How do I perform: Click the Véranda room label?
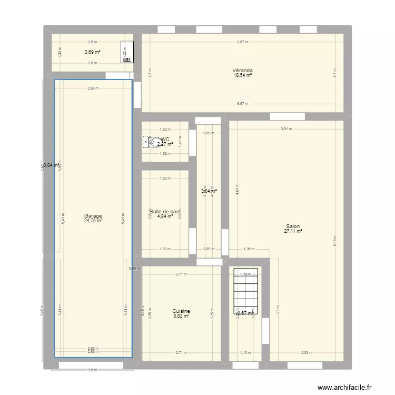coord(242,71)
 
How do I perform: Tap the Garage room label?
coord(93,215)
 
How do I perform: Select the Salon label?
coord(293,226)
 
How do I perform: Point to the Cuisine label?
coord(181,311)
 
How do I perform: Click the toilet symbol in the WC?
coord(147,142)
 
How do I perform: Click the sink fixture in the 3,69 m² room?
coord(127,52)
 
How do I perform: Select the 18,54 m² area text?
coord(242,76)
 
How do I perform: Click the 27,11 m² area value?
coord(293,231)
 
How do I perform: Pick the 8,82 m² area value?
coord(181,317)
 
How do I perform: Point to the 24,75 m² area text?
coord(93,221)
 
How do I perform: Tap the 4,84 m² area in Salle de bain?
coord(165,216)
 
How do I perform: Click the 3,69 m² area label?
coord(93,52)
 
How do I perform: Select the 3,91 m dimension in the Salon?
coord(285,129)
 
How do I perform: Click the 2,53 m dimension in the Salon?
coord(307,353)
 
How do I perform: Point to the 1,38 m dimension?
coord(249,250)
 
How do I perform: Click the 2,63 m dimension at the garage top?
coord(93,88)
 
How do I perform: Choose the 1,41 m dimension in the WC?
coord(180,141)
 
